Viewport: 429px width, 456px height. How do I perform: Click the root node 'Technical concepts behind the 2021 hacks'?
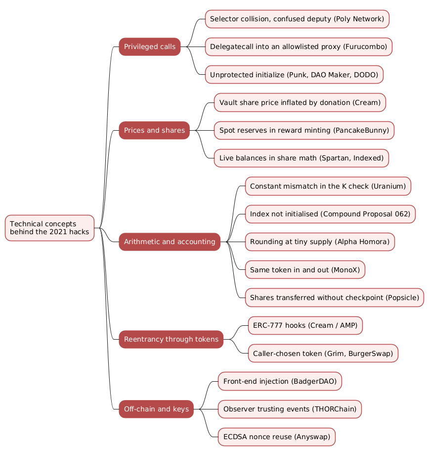tap(49, 228)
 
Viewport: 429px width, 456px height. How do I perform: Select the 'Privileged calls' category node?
tap(150, 47)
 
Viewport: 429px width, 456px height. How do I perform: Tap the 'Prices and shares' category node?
tap(154, 130)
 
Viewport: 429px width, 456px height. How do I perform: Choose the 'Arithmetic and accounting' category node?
tap(170, 242)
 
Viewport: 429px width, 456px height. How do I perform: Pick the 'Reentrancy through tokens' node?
tap(171, 339)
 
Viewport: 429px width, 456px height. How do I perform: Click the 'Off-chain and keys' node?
tap(156, 409)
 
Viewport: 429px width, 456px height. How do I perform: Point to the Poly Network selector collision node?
tap(297, 19)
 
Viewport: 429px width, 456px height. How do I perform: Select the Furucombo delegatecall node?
tap(299, 47)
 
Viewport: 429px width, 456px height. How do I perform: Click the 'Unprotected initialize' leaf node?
tap(294, 74)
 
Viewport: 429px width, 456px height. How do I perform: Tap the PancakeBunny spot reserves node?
tap(304, 130)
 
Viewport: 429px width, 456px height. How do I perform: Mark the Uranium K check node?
tap(328, 186)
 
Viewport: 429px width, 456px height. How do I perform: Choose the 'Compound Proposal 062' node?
tap(330, 214)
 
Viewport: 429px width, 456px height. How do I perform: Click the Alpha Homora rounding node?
tap(320, 242)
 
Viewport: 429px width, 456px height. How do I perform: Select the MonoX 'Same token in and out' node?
tap(305, 269)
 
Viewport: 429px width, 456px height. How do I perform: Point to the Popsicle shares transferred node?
tap(335, 298)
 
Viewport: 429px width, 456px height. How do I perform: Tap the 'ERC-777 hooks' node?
tap(305, 325)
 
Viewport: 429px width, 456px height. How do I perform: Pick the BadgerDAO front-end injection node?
tap(280, 381)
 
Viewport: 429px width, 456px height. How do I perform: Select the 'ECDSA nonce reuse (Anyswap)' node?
tap(277, 437)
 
